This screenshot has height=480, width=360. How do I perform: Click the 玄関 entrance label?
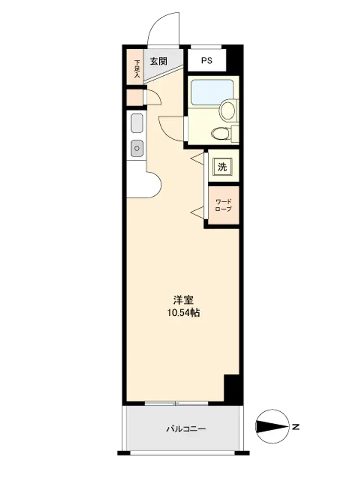pyautogui.click(x=158, y=61)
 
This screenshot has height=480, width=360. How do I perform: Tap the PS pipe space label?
pyautogui.click(x=206, y=60)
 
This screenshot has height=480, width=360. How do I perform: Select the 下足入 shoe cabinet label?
pyautogui.click(x=137, y=68)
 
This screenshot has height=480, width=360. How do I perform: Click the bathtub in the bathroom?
pyautogui.click(x=212, y=92)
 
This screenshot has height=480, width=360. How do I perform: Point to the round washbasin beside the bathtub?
pyautogui.click(x=228, y=110)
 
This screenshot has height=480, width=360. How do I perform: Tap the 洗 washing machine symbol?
pyautogui.click(x=223, y=167)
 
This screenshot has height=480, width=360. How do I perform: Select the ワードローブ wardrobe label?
pyautogui.click(x=224, y=205)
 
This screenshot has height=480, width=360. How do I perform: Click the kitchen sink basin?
pyautogui.click(x=137, y=123)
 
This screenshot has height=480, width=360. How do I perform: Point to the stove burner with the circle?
pyautogui.click(x=137, y=148)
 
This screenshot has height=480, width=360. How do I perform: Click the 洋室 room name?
pyautogui.click(x=183, y=300)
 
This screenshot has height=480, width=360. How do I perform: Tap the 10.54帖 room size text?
pyautogui.click(x=183, y=313)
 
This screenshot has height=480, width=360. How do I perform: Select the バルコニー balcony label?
pyautogui.click(x=186, y=429)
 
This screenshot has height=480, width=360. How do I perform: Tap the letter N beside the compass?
pyautogui.click(x=295, y=427)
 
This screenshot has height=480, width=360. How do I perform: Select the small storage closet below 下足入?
pyautogui.click(x=135, y=97)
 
